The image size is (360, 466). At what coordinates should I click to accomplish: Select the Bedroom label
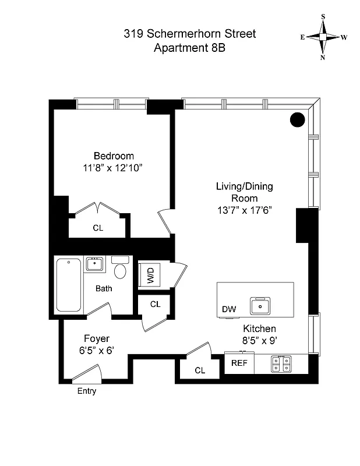coord(114,156)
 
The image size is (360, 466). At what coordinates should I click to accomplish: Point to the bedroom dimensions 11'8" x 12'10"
coord(113,168)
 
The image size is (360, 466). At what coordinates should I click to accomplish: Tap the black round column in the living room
coord(297,120)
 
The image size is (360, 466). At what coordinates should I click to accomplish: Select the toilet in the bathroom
coord(121,269)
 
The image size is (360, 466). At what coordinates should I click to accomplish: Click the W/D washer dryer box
coord(149,274)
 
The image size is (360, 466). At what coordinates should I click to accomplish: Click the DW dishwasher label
coord(229,309)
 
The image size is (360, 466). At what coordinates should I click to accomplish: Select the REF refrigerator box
coord(239,363)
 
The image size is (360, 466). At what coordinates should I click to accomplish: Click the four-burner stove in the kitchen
coord(281,363)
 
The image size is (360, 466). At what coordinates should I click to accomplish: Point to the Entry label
coord(87,391)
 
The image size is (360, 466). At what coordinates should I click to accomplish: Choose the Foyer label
coord(97,338)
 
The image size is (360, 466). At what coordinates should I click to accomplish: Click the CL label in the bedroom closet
coord(98,228)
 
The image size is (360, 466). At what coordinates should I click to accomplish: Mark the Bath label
coord(104,288)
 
